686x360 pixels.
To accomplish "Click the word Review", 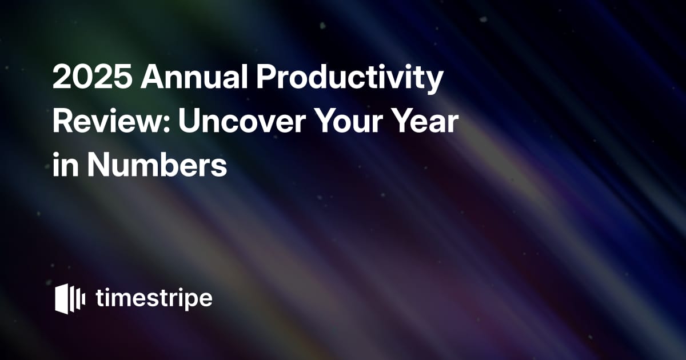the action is [x=111, y=121].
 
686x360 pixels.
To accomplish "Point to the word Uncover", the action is [x=242, y=122].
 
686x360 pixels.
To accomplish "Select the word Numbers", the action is [x=157, y=166].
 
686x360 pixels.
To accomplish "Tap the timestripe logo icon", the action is [x=70, y=299].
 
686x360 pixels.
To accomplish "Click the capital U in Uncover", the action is [x=189, y=122].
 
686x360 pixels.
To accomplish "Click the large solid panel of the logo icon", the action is [x=62, y=299].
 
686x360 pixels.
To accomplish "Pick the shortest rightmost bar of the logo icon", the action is [x=83, y=299].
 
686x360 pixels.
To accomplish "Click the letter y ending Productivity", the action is [x=433, y=83].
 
